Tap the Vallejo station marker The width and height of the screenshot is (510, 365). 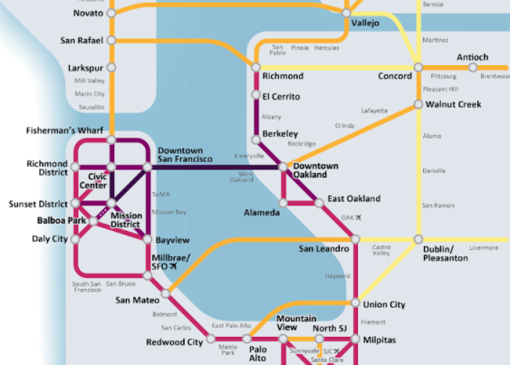347,13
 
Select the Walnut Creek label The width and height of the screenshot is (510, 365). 455,105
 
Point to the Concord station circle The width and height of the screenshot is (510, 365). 418,67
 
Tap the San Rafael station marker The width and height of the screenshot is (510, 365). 111,40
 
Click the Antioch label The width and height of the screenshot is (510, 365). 472,58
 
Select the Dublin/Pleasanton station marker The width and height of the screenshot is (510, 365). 418,239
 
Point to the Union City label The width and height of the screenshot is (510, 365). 384,304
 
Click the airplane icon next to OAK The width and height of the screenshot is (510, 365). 359,218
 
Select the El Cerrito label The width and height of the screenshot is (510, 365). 281,96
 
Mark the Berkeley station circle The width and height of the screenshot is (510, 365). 255,135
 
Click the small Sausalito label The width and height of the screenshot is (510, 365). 90,106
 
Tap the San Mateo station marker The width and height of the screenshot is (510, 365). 167,294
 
